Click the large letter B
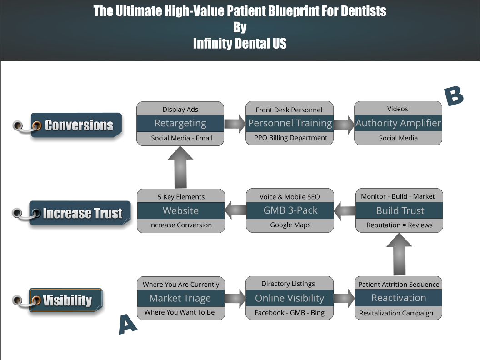coord(454,96)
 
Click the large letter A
coord(128,324)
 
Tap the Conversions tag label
coord(76,125)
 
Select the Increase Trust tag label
coord(80,213)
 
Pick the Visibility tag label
coord(66,300)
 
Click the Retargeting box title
coord(180,123)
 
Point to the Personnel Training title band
coord(290,123)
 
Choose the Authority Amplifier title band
coord(398,123)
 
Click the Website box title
coord(180,210)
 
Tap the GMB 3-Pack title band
coord(290,210)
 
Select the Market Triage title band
coord(180,298)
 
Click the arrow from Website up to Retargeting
coord(180,167)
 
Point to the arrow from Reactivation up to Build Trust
coord(399,255)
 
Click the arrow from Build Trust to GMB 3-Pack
coord(345,211)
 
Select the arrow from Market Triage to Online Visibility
coord(235,299)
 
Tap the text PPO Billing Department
coord(290,138)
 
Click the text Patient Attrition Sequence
coord(399,285)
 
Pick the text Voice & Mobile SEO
coord(290,197)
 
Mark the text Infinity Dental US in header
coord(240,44)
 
